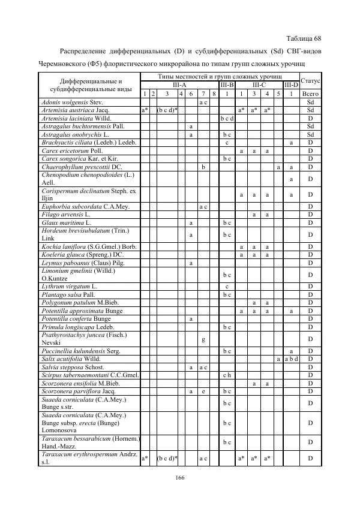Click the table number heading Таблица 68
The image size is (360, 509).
click(305, 37)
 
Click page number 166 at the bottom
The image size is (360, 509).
click(179, 477)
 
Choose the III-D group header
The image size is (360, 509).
click(291, 85)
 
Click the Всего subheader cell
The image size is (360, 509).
click(310, 94)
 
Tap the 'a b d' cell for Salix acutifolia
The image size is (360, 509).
click(291, 359)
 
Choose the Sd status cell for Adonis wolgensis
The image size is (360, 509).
click(310, 103)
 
